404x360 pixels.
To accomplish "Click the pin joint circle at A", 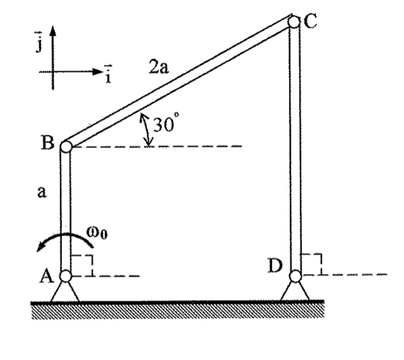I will click(65, 276).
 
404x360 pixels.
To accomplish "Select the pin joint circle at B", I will click(65, 146).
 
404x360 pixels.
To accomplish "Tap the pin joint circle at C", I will click(294, 22).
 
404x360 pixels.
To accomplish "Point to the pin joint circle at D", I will click(295, 276).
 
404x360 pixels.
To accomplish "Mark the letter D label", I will click(275, 266).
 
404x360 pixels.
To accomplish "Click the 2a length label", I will click(158, 68).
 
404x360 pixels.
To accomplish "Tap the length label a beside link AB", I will click(41, 193).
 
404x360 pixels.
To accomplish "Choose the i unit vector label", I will click(107, 74).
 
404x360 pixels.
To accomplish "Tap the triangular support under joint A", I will click(65, 292).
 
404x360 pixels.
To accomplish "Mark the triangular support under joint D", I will click(295, 291).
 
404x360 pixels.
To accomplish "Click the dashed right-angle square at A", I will click(81, 265).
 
